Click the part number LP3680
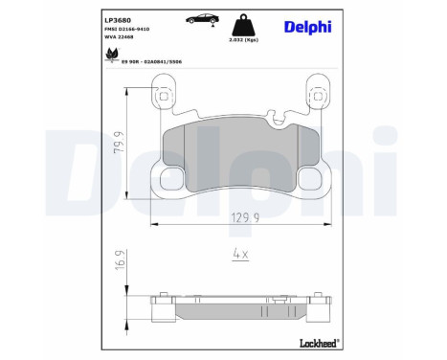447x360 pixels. [x=91, y=18]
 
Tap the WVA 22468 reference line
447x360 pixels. [x=96, y=41]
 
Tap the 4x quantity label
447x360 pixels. [x=239, y=255]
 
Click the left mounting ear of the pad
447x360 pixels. [x=163, y=97]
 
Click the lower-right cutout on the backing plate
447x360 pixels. [x=310, y=177]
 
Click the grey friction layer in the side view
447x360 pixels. [x=238, y=308]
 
